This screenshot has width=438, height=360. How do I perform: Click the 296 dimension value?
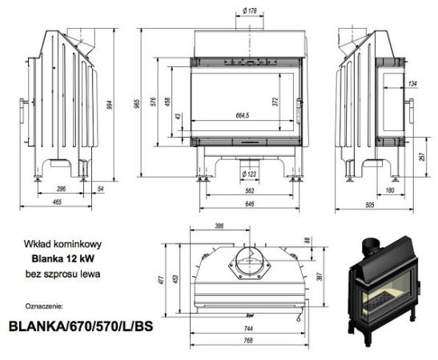point(62,190)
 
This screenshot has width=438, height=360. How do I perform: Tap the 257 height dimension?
point(422,157)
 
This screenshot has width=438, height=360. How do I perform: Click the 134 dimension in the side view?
point(412,83)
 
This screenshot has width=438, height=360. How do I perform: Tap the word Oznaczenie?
point(46,305)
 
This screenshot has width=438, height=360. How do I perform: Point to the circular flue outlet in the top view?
point(245,265)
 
